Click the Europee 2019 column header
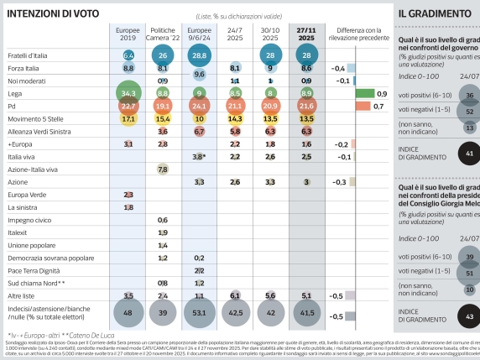tap(128, 34)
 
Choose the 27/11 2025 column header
tap(307, 34)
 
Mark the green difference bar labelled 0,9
tap(364, 93)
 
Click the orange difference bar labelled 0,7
tap(363, 107)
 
